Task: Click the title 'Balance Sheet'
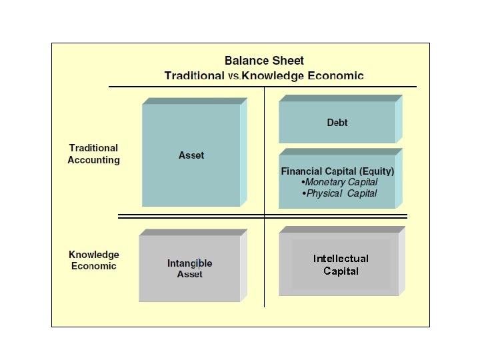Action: click(x=264, y=61)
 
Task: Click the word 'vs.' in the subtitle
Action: click(x=234, y=76)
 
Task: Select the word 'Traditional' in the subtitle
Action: click(x=194, y=75)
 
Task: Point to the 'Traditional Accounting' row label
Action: click(x=93, y=154)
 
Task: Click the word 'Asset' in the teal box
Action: click(x=191, y=155)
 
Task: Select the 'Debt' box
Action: click(x=337, y=123)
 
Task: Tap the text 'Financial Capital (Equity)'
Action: click(x=337, y=171)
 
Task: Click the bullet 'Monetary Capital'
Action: click(x=341, y=182)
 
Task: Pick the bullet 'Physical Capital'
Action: click(x=341, y=193)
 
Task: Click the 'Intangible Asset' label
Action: click(x=190, y=269)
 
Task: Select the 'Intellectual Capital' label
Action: click(x=341, y=265)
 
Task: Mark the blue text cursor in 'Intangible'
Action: click(x=198, y=263)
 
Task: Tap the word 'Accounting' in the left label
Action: click(x=93, y=160)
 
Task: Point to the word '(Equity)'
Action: click(x=376, y=171)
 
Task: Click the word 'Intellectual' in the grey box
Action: click(x=341, y=259)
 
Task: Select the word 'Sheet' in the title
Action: click(x=288, y=61)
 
